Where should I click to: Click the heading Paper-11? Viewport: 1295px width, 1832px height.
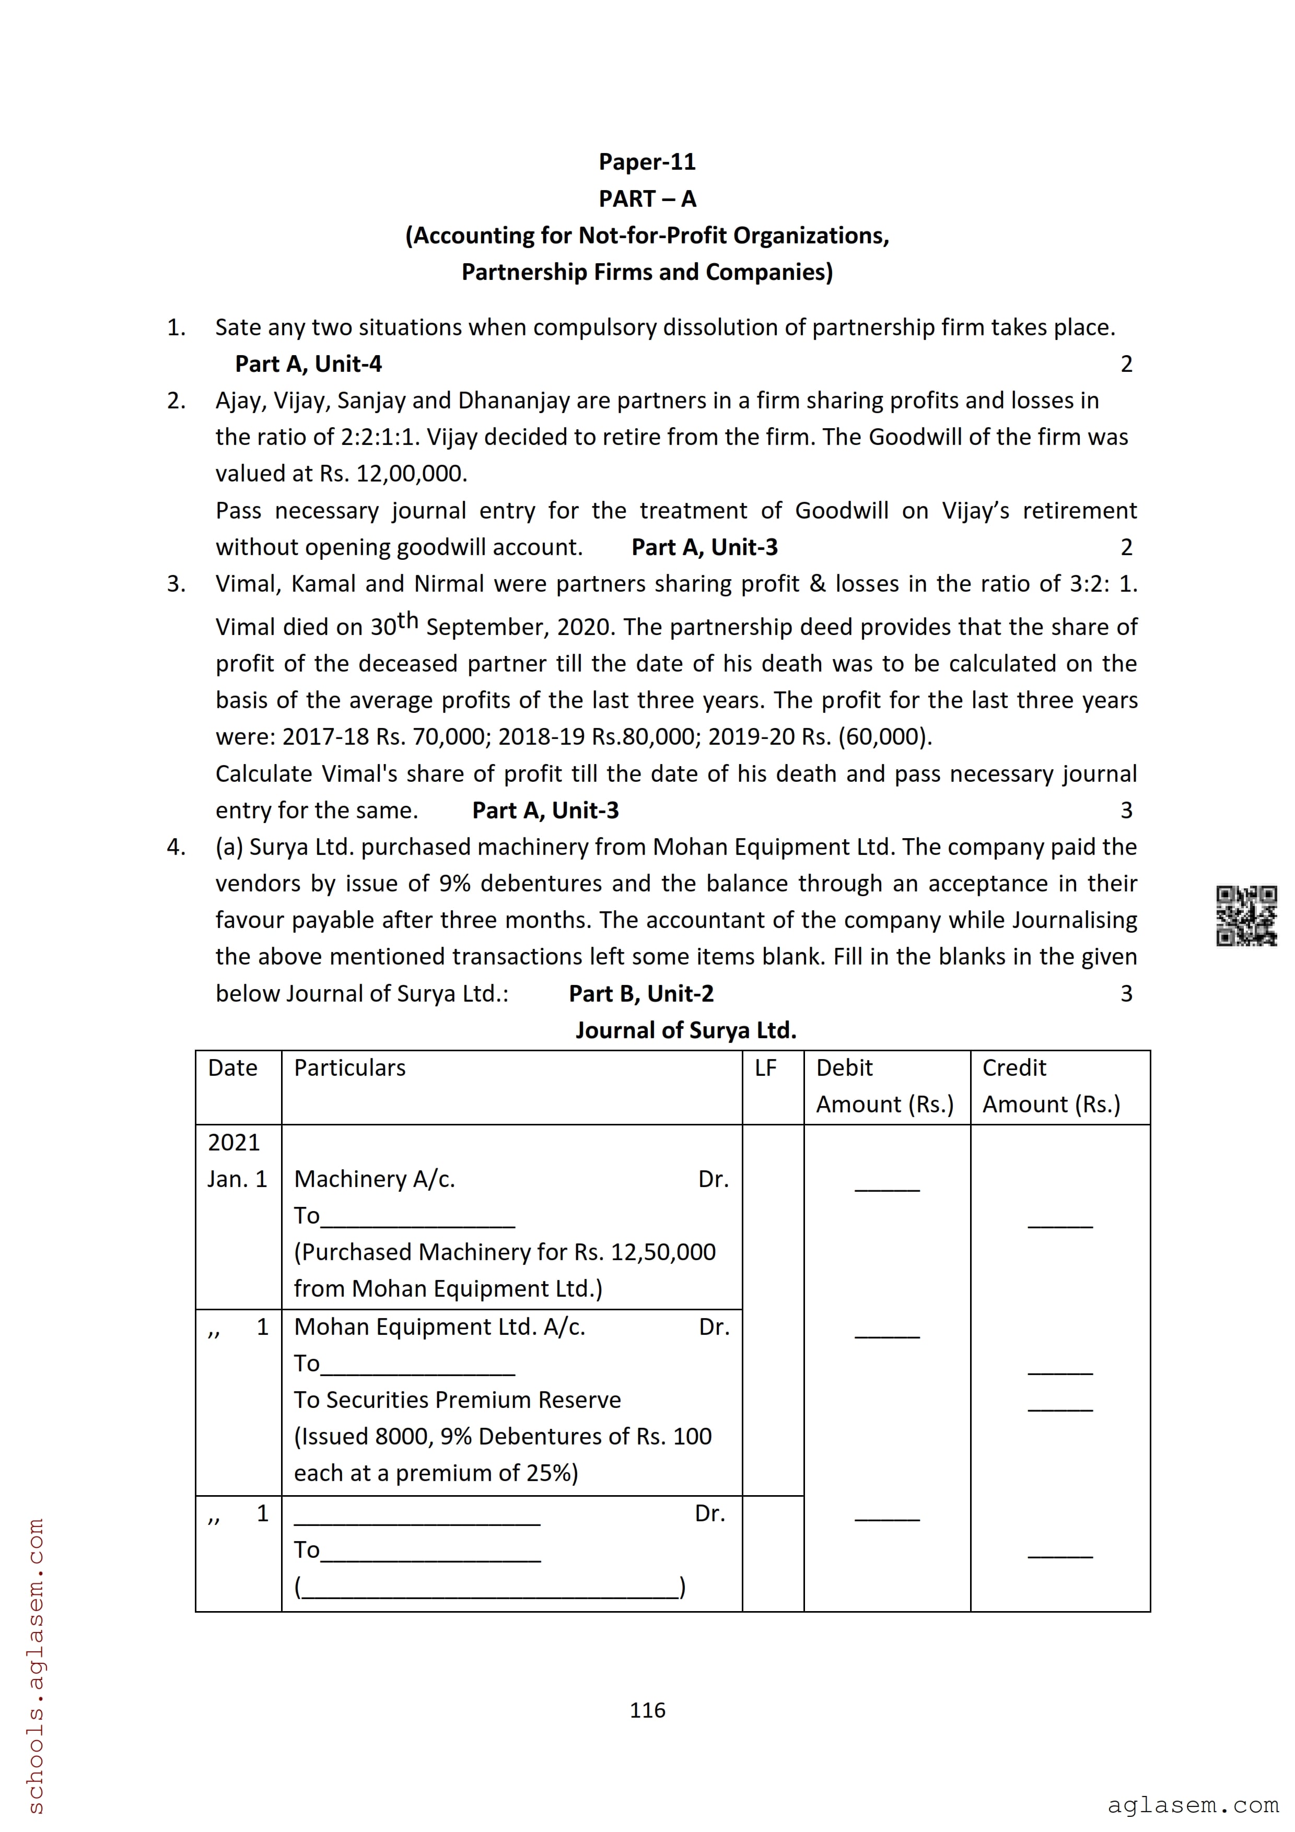click(647, 162)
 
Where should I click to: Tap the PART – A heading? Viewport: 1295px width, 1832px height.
click(647, 198)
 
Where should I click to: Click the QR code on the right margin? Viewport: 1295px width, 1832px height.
click(1245, 916)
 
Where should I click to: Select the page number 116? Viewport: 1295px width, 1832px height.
click(647, 1710)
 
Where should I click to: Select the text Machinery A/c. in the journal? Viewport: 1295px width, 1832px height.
click(374, 1179)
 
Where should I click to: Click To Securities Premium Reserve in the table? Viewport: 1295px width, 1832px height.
click(457, 1400)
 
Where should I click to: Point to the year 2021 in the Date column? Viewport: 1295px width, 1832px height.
click(234, 1143)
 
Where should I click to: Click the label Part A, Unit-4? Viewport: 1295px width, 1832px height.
click(308, 364)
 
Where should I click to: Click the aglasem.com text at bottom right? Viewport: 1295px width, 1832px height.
click(1192, 1805)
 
